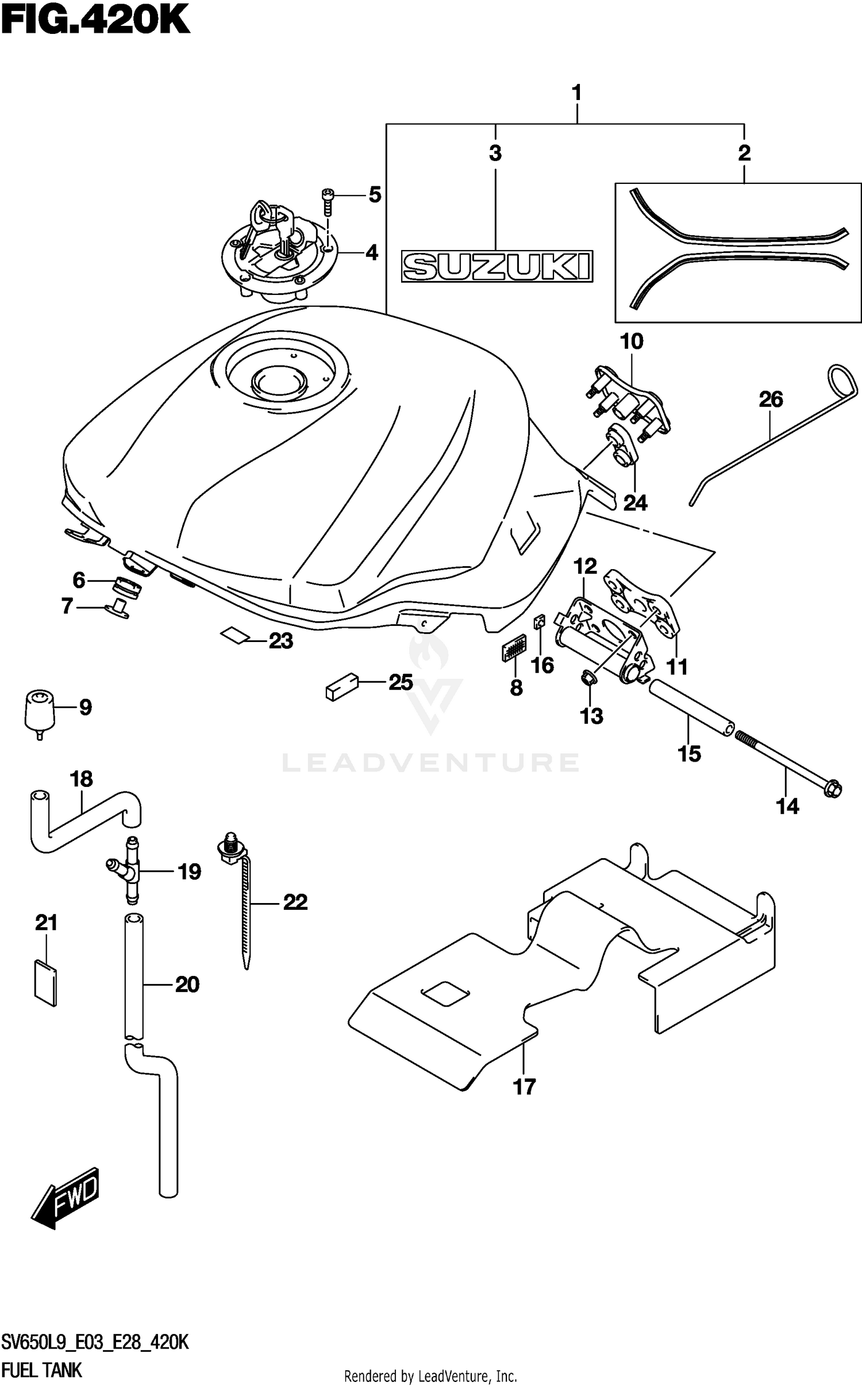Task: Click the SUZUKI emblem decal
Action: pos(497,266)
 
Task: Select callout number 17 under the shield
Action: pos(524,1086)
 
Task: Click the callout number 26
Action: pos(771,399)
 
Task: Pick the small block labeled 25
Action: pos(341,686)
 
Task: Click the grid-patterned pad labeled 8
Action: pos(514,648)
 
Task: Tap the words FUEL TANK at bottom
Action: pos(41,1370)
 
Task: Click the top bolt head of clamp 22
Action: pos(231,839)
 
